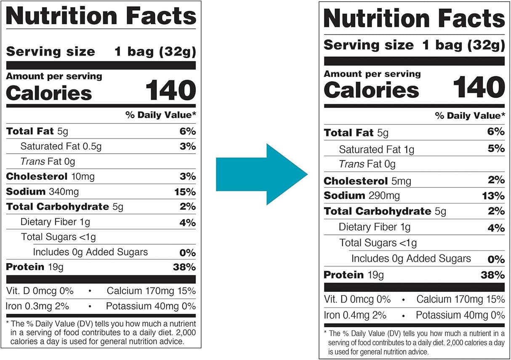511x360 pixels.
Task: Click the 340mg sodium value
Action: (x=64, y=192)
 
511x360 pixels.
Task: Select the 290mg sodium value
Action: (x=384, y=196)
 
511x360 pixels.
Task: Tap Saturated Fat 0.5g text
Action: (x=61, y=147)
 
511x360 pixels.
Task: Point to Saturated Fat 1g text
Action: (x=376, y=149)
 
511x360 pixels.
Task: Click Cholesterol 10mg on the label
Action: (x=51, y=177)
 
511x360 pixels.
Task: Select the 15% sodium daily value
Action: (x=185, y=192)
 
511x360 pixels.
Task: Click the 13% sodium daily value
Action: (x=494, y=196)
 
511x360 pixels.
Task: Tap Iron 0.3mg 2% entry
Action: (x=37, y=306)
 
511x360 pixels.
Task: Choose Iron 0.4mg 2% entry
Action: (x=356, y=315)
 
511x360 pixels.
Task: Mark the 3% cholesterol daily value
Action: (x=187, y=176)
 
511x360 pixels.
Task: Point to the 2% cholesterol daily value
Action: (x=496, y=180)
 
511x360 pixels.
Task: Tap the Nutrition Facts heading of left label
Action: (x=101, y=16)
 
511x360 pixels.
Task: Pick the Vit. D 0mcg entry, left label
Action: (x=40, y=291)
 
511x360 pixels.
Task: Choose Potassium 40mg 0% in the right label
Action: (x=460, y=315)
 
